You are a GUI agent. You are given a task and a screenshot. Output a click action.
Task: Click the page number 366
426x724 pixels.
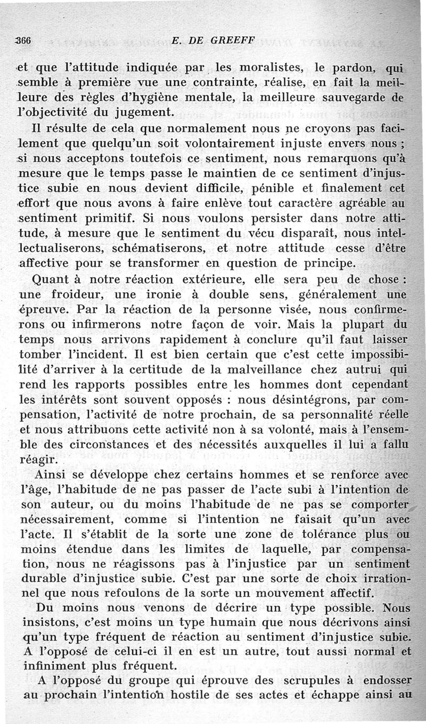click(x=24, y=39)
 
